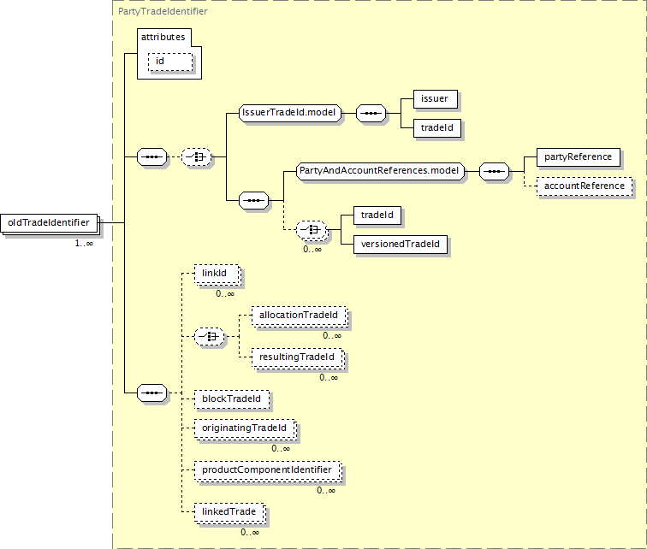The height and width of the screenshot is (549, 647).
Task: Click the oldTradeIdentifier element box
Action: (x=49, y=223)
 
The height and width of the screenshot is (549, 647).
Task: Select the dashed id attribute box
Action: (x=170, y=62)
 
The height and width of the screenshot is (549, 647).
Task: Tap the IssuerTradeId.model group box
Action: (x=290, y=113)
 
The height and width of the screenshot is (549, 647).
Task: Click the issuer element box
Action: (x=436, y=99)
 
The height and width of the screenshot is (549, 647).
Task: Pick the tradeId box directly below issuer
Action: (x=437, y=128)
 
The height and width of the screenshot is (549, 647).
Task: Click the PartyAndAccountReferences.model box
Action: (x=380, y=171)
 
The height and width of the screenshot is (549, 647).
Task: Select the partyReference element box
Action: (x=578, y=157)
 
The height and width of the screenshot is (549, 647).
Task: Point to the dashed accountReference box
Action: (x=585, y=186)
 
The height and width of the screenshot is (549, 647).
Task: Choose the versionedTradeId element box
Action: (x=401, y=245)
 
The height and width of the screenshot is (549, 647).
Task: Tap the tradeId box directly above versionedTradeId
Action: (x=377, y=215)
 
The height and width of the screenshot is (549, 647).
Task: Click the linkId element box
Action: (x=217, y=274)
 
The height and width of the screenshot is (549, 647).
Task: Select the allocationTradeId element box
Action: (x=300, y=316)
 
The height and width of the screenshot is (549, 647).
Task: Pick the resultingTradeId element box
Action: (x=298, y=357)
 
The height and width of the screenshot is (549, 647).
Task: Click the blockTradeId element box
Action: (x=231, y=399)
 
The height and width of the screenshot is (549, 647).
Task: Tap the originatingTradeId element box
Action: (x=245, y=428)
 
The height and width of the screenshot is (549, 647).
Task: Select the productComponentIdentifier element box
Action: (x=267, y=470)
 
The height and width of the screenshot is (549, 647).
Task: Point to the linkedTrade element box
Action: (x=229, y=512)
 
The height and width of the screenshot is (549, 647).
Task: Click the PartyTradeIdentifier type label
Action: (x=163, y=11)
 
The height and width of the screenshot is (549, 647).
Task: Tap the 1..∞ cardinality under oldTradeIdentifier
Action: (x=84, y=244)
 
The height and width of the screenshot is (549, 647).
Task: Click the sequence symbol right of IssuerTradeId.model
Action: (x=371, y=114)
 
